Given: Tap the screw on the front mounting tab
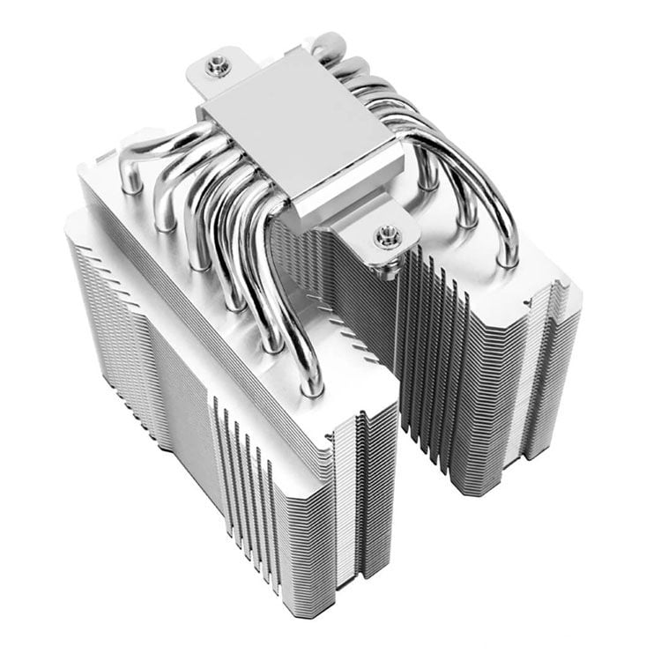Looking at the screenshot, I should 384,235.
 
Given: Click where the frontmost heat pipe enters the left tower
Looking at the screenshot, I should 310,386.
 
